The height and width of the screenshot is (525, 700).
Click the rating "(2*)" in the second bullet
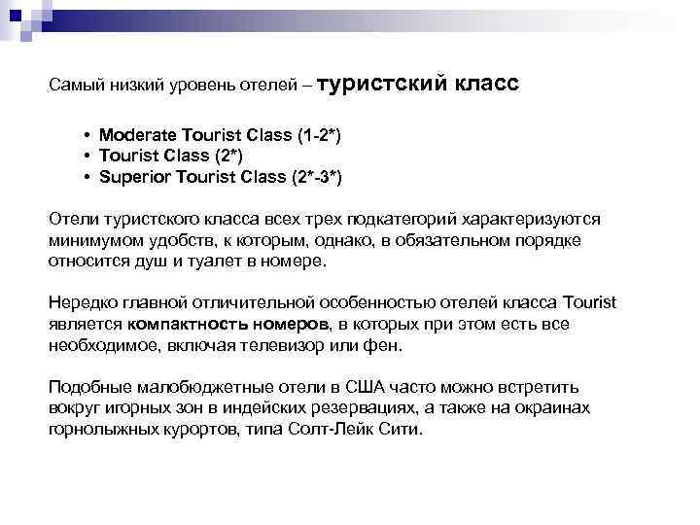tap(226, 156)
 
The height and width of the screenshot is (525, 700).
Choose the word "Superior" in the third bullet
tap(132, 177)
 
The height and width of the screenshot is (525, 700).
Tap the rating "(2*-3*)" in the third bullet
tap(317, 177)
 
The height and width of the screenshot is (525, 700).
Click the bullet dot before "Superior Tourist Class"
tap(87, 177)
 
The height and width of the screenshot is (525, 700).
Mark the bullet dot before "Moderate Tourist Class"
tap(87, 134)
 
